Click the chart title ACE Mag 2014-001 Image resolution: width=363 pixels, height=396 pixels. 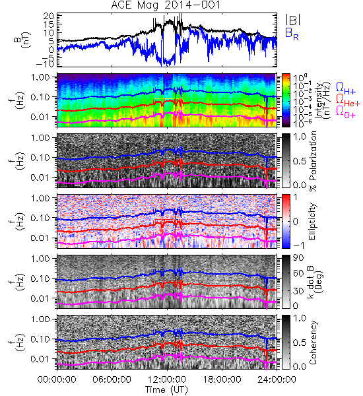166,5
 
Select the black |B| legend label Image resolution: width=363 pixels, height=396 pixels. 293,20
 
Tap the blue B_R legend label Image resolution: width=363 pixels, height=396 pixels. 292,34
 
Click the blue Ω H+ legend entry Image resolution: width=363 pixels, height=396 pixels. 346,88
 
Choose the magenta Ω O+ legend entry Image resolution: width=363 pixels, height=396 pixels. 346,112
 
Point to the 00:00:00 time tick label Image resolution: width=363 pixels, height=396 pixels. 57,379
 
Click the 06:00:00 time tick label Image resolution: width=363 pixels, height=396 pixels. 112,379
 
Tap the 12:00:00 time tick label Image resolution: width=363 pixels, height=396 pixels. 167,379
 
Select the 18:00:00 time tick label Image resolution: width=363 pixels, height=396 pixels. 222,379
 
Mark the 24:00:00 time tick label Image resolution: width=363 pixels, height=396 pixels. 277,379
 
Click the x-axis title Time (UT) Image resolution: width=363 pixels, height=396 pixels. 166,390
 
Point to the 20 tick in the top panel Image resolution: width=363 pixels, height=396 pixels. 48,16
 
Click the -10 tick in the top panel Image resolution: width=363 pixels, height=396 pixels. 45,63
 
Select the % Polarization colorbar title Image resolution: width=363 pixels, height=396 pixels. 313,161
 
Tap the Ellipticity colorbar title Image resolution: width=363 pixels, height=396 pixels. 312,221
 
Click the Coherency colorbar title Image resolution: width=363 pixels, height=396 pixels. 313,343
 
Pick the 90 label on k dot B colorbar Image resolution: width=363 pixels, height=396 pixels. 298,258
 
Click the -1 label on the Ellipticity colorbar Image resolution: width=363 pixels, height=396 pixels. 298,246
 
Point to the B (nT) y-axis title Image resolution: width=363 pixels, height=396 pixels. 22,40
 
